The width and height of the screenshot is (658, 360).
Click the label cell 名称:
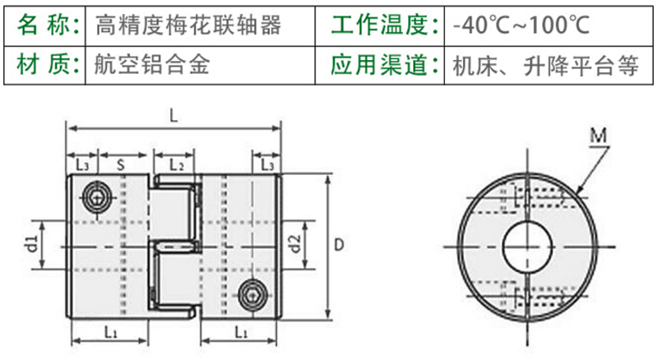click(x=48, y=25)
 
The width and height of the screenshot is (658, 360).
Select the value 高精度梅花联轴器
click(x=188, y=25)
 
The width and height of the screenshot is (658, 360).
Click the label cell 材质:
click(x=48, y=65)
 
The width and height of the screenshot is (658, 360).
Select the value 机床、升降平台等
click(x=545, y=65)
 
